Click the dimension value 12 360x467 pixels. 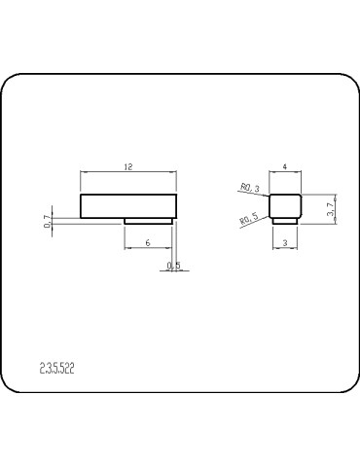coord(128,167)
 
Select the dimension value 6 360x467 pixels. coord(146,241)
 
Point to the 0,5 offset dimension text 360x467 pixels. coord(173,265)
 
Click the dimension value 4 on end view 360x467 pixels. coord(284,168)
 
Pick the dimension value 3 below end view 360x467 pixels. coord(284,241)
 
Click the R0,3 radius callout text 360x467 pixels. coord(249,188)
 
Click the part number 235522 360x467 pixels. coord(58,369)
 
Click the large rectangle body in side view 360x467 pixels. coord(128,206)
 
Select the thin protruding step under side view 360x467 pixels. coord(149,221)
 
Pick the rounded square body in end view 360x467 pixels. coord(284,205)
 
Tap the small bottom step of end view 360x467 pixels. coord(284,221)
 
